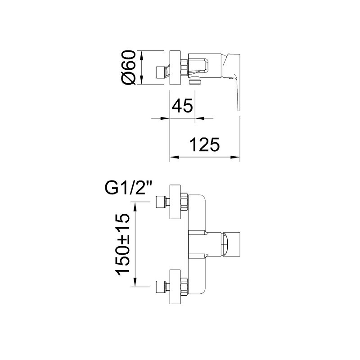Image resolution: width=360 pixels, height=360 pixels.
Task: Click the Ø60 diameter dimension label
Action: tap(128, 67)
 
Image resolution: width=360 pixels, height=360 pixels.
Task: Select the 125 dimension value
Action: tap(204, 144)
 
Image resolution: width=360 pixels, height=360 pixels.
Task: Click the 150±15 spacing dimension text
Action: tap(123, 244)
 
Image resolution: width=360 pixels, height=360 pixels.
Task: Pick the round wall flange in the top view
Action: tap(175, 67)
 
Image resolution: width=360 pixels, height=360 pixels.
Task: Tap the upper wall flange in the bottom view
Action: tap(175, 202)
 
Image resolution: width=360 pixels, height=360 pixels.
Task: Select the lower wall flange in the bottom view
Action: tap(175, 287)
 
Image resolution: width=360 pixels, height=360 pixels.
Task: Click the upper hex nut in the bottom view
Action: tap(184, 202)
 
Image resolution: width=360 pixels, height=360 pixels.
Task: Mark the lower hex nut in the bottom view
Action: tap(184, 287)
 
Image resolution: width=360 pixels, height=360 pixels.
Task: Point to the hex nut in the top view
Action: tap(184, 67)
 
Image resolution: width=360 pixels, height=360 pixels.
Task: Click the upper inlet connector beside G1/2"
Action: tap(163, 202)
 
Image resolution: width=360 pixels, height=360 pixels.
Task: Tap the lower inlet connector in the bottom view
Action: tap(163, 287)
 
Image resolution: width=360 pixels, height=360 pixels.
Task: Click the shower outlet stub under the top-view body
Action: tap(195, 81)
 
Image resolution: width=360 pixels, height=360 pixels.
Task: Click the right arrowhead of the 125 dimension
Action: tap(235, 157)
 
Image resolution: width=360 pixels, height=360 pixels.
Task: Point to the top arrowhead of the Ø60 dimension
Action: tap(141, 55)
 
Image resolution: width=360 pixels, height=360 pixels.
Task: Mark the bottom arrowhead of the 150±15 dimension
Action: tap(135, 282)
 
